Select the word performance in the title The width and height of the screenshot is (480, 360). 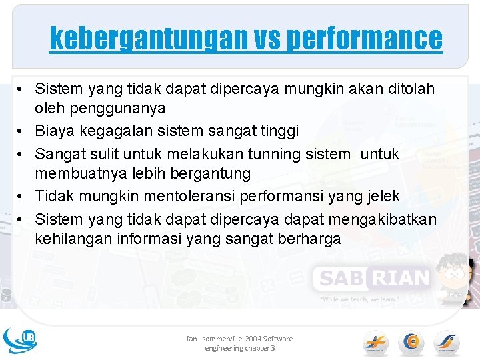tap(364, 39)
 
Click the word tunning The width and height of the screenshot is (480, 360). tap(279, 154)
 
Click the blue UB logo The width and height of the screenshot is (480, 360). tap(20, 339)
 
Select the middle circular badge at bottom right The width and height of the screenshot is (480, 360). tap(411, 343)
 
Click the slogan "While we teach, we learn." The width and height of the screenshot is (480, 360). tap(360, 299)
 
